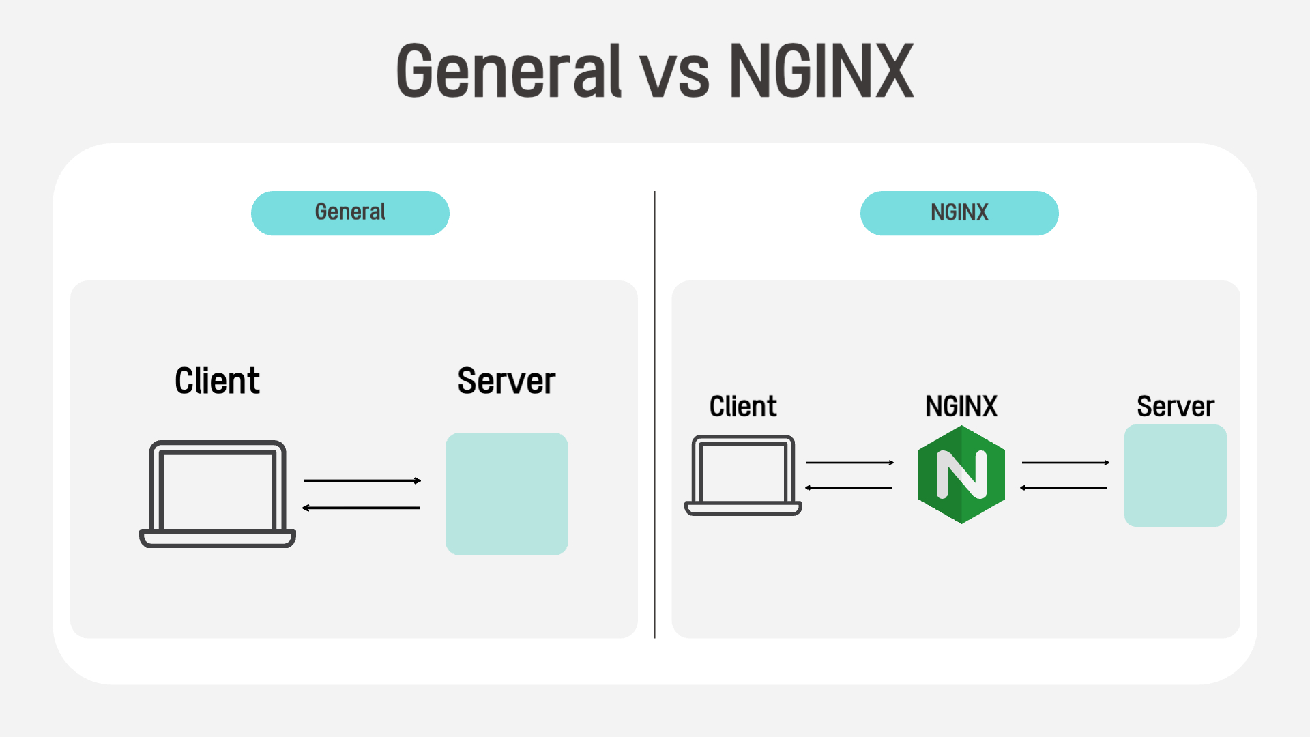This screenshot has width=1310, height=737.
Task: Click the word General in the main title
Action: [x=509, y=71]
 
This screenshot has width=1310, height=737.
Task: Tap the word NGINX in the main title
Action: [x=821, y=71]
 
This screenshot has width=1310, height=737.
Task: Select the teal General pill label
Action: [x=350, y=213]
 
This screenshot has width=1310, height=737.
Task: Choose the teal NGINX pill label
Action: [x=959, y=213]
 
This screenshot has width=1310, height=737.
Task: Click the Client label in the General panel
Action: [x=217, y=381]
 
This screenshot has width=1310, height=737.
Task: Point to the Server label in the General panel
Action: [x=506, y=381]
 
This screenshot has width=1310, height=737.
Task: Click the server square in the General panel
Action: [x=507, y=494]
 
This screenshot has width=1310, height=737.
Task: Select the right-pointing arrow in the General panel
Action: [x=362, y=480]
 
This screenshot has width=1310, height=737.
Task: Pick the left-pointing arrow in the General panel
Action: [x=361, y=508]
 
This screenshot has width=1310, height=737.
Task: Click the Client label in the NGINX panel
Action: [x=743, y=407]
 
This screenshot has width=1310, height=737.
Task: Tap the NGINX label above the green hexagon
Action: [x=961, y=407]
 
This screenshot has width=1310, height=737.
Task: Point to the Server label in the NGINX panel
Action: [x=1176, y=407]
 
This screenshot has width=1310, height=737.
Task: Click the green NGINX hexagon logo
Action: [x=961, y=475]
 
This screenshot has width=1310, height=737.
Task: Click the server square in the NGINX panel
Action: [x=1176, y=476]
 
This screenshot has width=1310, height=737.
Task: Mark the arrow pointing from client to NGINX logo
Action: [x=850, y=463]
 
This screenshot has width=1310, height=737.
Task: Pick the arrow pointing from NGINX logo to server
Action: [x=1066, y=463]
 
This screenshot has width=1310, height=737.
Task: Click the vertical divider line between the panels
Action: [x=655, y=415]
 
